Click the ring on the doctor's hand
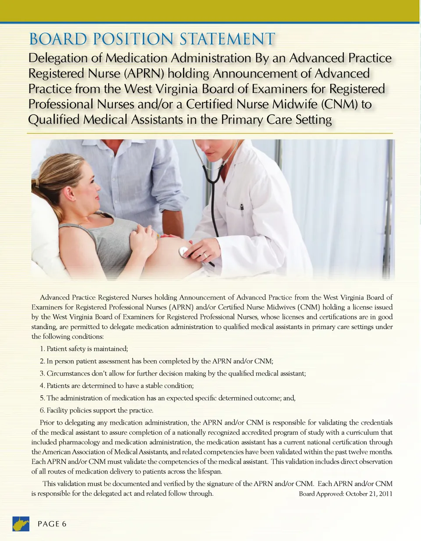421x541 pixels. (x=205, y=255)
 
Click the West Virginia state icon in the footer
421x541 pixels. (x=20, y=523)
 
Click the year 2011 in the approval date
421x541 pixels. (x=384, y=494)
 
